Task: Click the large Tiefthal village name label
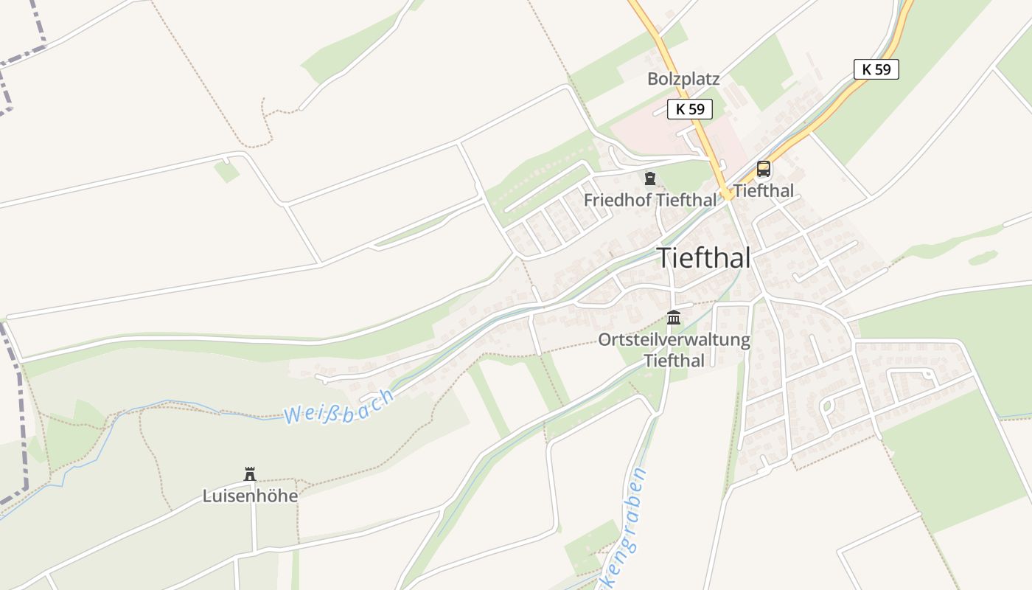point(703,258)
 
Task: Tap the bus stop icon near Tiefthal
point(764,169)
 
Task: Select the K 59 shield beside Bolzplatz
point(691,109)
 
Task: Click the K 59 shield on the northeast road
point(876,69)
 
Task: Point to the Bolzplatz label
point(683,79)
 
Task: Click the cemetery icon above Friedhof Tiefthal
point(649,178)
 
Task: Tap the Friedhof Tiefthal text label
point(649,200)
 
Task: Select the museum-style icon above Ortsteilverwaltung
point(674,318)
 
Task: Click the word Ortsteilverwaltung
point(674,340)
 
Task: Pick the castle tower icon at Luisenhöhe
point(250,473)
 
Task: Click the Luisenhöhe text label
point(250,496)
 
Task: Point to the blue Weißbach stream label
point(339,406)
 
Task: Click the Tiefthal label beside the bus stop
point(764,191)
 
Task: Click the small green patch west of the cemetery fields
point(227,171)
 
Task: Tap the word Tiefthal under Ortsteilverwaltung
point(674,361)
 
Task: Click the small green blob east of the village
point(982,258)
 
